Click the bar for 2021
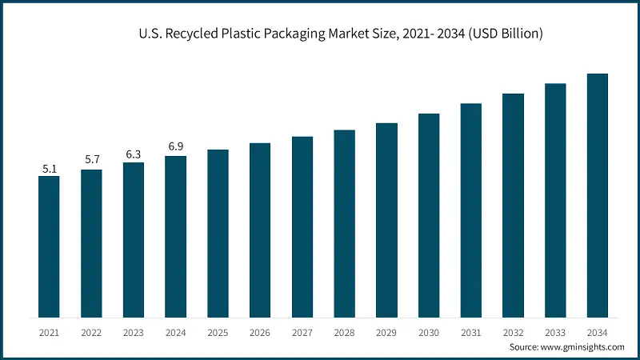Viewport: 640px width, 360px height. [49, 246]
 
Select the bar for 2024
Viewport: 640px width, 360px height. [175, 236]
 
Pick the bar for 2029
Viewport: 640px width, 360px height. [386, 219]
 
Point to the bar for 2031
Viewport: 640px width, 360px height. [471, 210]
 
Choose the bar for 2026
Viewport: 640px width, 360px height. [260, 230]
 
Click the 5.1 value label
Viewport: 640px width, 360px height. [49, 169]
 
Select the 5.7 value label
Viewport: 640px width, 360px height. [91, 159]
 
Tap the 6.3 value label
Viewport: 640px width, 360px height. [134, 153]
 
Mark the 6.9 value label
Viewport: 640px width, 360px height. [175, 146]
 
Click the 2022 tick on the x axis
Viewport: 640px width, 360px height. [91, 331]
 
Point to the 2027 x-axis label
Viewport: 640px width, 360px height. [302, 331]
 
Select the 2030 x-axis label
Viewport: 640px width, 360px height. [429, 331]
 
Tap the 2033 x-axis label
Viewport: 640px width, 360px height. [555, 331]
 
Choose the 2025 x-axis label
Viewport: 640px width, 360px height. [218, 331]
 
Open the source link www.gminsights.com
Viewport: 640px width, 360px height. [581, 347]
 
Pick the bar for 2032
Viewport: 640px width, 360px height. [513, 205]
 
